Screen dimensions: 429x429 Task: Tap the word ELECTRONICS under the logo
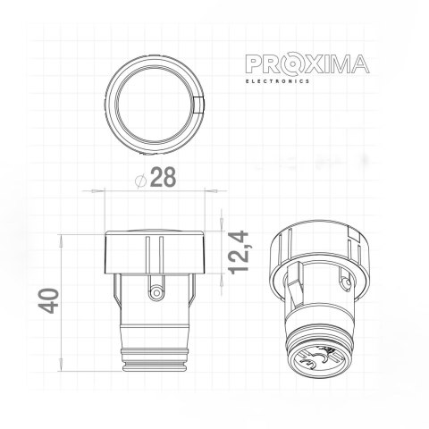(278, 80)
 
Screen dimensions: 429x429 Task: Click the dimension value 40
(49, 300)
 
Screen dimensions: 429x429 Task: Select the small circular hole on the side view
(156, 291)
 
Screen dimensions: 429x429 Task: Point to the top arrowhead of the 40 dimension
(62, 238)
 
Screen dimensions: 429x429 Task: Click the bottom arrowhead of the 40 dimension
(62, 364)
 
